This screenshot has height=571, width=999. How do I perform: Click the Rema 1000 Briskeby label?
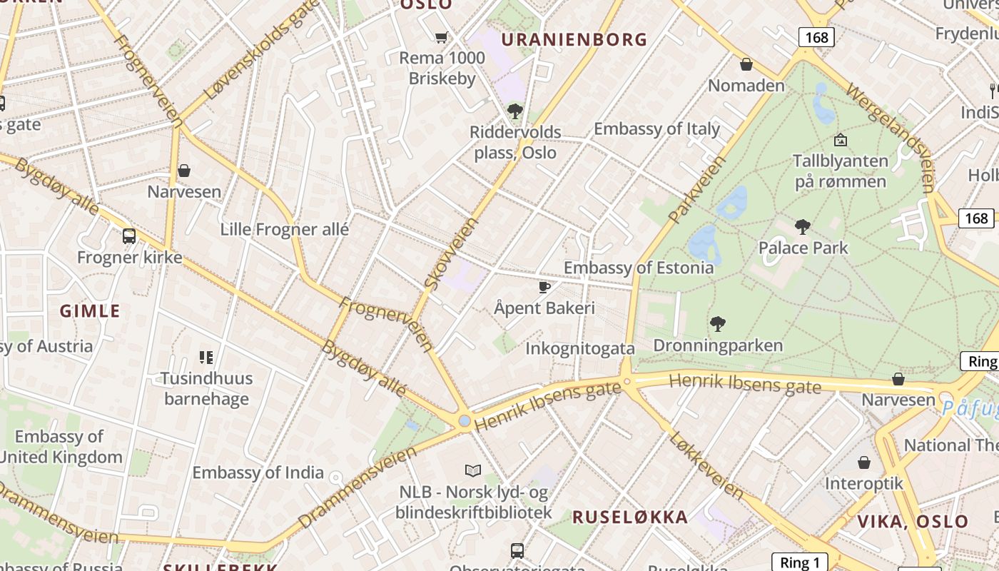coord(442,69)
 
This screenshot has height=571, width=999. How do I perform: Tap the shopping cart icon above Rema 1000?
coord(442,37)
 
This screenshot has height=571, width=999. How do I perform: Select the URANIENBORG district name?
coord(574,40)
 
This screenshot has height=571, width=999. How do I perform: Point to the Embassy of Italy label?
coord(656,129)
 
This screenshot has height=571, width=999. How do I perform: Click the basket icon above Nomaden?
coord(746,64)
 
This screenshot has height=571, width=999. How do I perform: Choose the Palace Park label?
coord(803,248)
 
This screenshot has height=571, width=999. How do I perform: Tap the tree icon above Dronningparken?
coord(718,324)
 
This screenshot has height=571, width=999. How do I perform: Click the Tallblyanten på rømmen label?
coord(841,171)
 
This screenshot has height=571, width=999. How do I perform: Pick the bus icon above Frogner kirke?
coord(129,236)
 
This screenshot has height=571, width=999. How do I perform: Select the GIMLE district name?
coord(90,311)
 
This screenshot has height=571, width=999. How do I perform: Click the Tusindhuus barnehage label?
coord(206,388)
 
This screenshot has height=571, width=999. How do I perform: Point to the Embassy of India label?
coord(258,473)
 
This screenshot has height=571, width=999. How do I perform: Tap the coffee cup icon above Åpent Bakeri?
coord(544,287)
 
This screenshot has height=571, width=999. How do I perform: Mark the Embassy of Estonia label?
coord(638,268)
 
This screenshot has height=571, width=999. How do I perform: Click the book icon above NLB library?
coord(472,470)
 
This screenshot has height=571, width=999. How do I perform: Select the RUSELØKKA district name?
coord(630,517)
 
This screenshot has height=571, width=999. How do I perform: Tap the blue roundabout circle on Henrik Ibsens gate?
coord(465,421)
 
